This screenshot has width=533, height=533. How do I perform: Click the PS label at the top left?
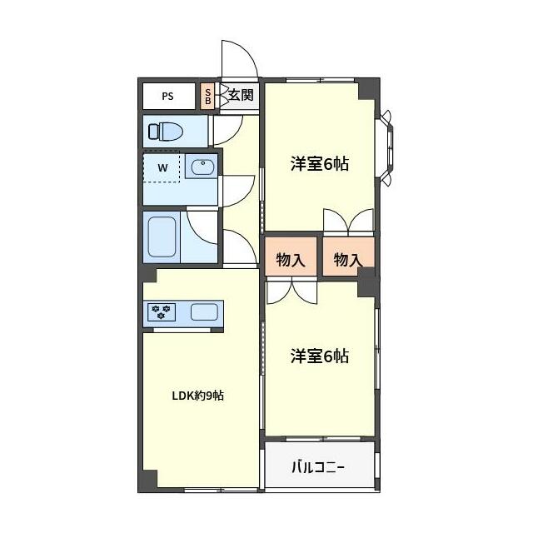click(167, 96)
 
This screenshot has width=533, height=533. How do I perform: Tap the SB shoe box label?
click(207, 95)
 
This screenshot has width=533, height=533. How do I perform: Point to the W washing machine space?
click(162, 168)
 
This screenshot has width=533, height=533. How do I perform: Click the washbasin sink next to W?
click(202, 168)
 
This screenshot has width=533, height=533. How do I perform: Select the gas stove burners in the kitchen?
click(162, 312)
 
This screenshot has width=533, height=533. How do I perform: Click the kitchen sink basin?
click(204, 312)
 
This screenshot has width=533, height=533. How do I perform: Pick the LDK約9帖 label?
click(197, 396)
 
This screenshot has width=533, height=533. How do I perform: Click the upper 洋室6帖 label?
click(319, 164)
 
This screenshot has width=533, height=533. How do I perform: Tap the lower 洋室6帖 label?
click(319, 356)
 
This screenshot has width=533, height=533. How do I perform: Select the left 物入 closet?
click(291, 260)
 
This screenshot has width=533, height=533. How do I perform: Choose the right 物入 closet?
click(348, 260)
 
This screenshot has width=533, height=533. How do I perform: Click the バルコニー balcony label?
click(317, 467)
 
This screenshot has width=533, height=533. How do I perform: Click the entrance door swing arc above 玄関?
click(240, 58)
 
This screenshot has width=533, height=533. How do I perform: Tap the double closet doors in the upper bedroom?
click(348, 221)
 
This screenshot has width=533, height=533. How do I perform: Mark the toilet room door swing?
click(225, 130)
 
